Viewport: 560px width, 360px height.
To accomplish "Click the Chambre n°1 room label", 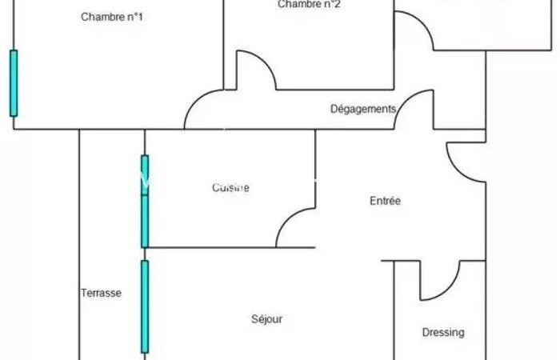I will pos(112,17).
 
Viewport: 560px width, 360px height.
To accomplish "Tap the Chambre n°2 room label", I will pos(310,5).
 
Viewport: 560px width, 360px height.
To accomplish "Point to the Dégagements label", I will pos(363,109).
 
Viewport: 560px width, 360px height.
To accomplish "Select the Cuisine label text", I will pos(230,188).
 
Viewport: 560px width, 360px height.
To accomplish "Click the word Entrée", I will pos(385,201).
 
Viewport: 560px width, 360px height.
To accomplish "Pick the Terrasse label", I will pos(101,293).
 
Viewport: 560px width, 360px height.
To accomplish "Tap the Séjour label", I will pos(267,319).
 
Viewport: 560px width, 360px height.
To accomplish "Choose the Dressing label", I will pos(443,332).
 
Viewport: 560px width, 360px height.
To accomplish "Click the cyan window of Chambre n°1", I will pos(13,83).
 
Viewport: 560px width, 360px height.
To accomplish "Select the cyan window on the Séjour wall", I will pos(145,306).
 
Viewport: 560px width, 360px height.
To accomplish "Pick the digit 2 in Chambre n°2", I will pos(338,5).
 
